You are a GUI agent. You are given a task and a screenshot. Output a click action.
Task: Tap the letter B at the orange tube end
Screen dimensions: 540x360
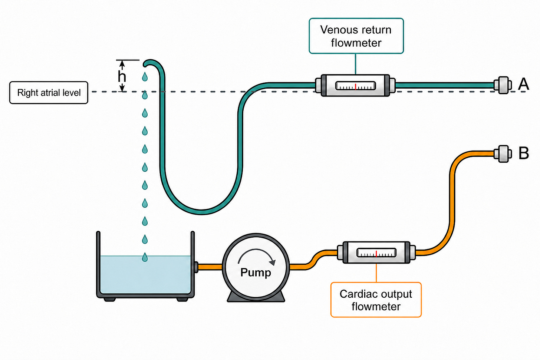(524, 153)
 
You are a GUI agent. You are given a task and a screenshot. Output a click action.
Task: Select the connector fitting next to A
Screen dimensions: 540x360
(503, 85)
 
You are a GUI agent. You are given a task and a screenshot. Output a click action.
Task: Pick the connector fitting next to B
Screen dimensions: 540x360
(503, 154)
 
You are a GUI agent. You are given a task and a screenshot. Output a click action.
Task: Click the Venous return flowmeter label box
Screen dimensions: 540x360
(356, 36)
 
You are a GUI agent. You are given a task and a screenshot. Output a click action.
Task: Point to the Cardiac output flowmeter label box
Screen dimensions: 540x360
(376, 300)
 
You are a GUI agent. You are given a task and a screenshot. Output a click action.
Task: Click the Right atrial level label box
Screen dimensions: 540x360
(49, 93)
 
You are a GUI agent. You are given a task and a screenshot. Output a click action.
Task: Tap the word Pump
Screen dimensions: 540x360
(256, 273)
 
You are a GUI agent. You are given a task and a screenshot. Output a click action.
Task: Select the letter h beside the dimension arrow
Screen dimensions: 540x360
(122, 77)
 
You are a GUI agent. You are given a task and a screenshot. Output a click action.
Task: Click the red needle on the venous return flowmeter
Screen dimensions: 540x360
(355, 86)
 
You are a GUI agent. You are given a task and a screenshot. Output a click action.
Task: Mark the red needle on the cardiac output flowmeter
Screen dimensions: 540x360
(376, 254)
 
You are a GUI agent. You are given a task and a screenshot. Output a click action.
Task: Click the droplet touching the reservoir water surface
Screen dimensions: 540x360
(145, 257)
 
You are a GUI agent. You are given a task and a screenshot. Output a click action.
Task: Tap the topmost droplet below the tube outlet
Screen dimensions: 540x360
(145, 77)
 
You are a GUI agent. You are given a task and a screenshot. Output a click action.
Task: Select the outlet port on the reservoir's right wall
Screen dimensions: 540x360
(196, 267)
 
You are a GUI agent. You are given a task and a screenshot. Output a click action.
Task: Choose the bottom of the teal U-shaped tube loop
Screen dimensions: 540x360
(201, 212)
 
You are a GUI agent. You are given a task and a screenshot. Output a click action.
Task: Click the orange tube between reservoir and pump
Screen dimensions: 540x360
(210, 267)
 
